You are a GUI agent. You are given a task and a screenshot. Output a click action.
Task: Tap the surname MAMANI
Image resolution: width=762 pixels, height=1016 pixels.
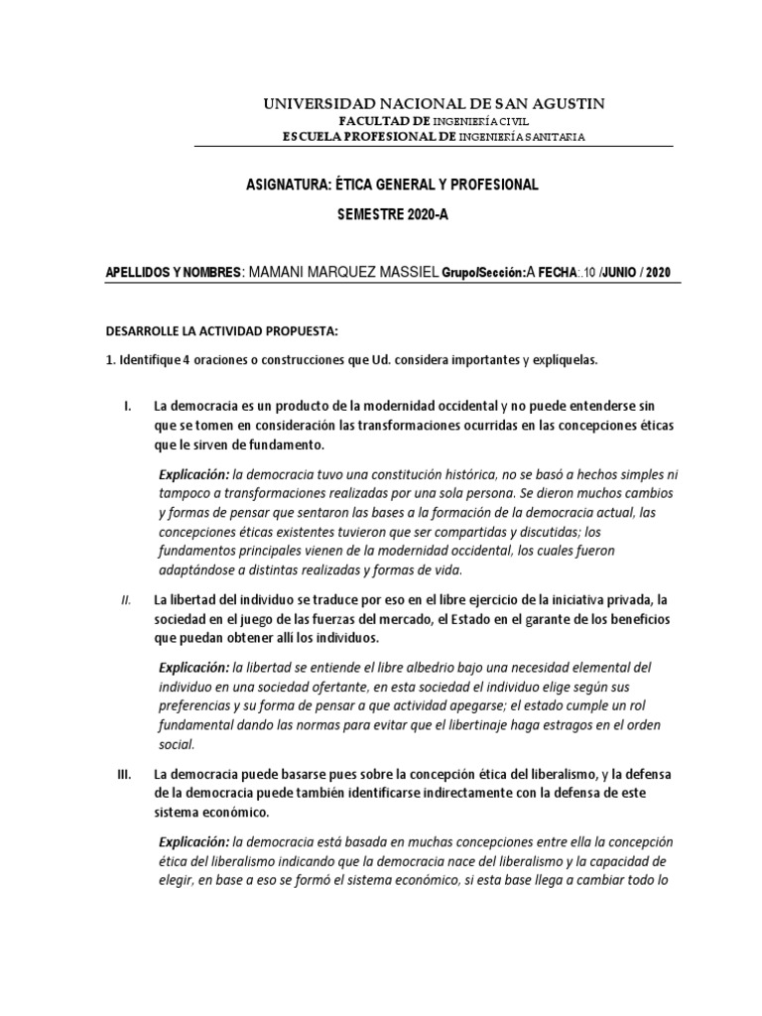289,273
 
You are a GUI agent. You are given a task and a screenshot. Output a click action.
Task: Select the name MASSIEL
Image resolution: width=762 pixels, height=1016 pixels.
404,273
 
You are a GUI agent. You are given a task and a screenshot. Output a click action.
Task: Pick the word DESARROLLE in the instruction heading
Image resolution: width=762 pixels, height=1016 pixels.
145,329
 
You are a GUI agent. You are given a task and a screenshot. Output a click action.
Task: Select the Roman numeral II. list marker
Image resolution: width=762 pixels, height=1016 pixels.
126,599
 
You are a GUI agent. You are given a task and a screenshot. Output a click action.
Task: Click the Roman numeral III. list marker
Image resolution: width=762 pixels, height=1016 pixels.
125,773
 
